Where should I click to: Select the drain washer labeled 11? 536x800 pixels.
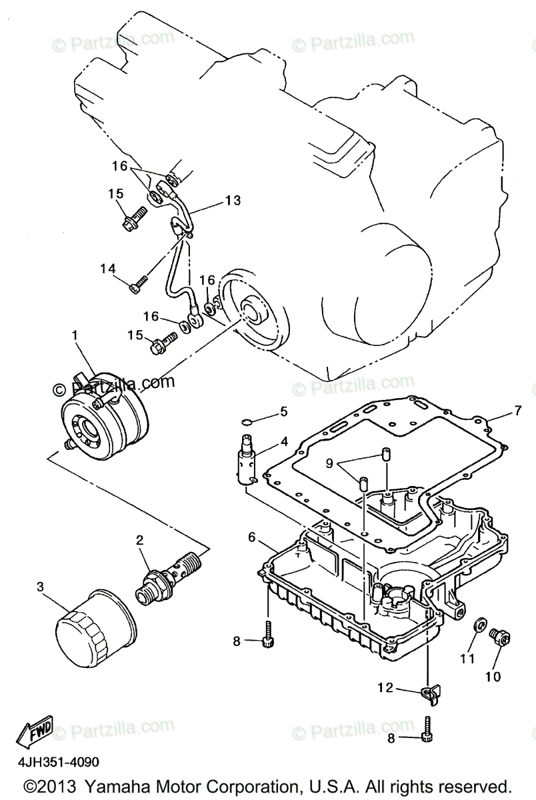[477, 627]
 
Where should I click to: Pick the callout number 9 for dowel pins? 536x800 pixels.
[329, 461]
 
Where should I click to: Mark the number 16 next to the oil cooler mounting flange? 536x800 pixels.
[207, 279]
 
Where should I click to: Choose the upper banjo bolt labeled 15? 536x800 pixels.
[134, 217]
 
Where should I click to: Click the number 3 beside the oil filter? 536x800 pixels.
[41, 587]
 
